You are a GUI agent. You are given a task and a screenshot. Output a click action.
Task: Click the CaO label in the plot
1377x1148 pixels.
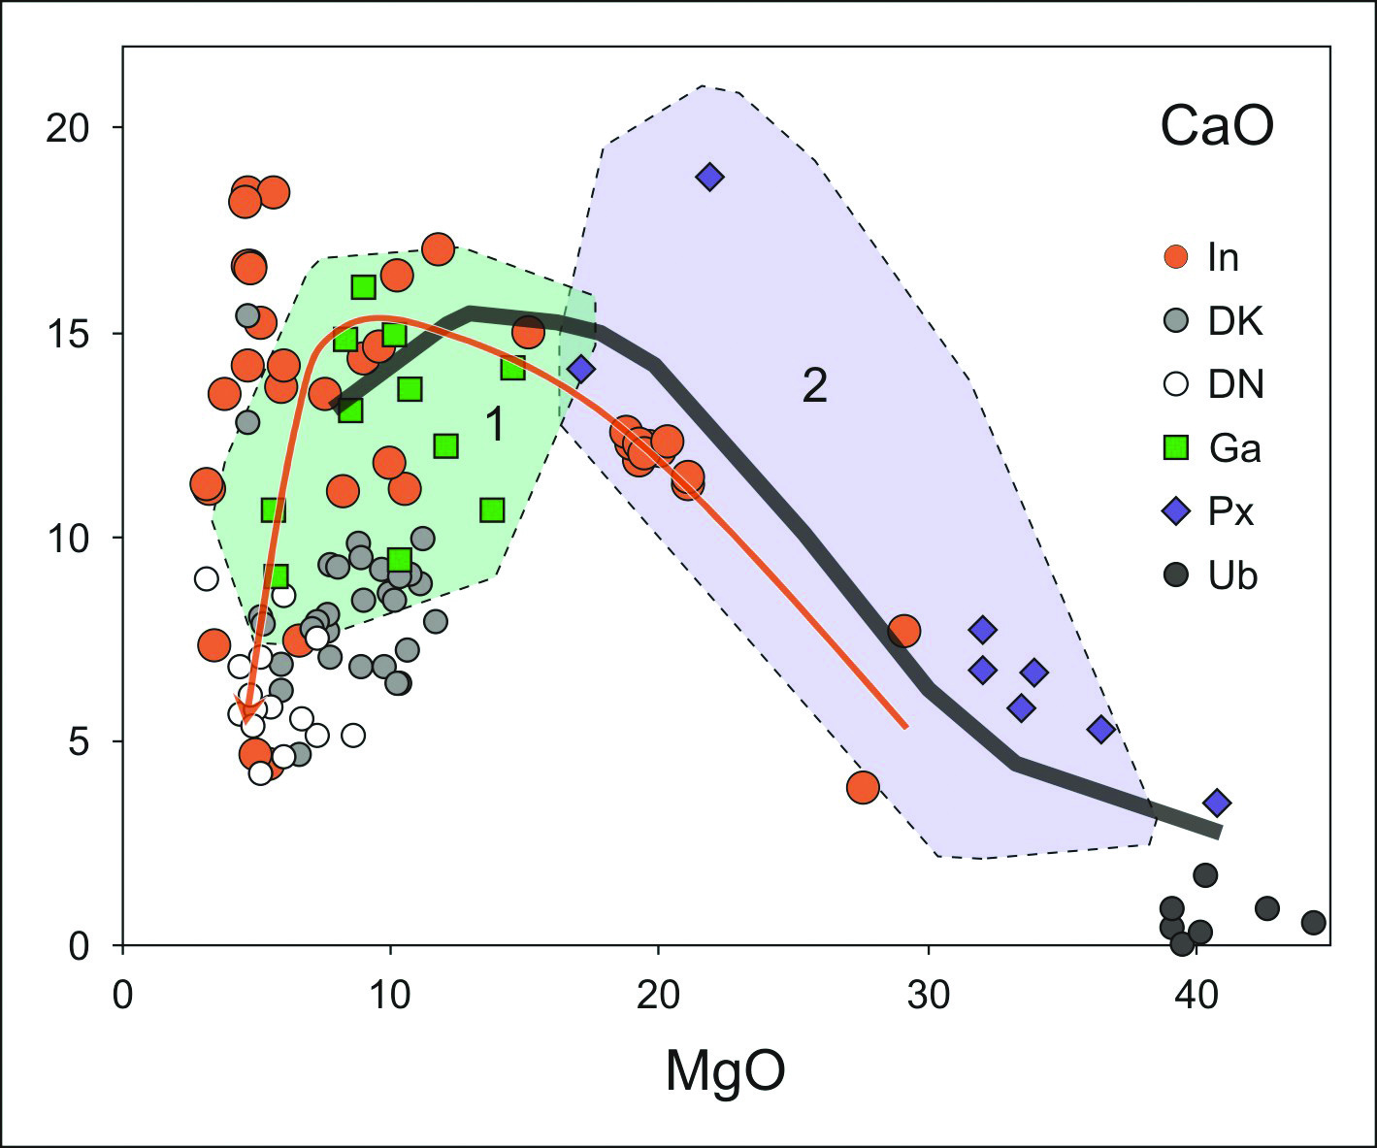click(x=1217, y=127)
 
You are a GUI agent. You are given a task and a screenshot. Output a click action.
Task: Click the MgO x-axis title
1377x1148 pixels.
click(x=725, y=1071)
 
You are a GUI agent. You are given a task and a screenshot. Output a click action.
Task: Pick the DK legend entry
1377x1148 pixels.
click(x=1213, y=321)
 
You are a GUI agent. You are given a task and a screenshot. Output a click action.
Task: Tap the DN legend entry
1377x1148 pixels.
click(x=1214, y=385)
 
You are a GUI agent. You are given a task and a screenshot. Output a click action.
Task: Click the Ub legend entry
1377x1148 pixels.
click(x=1212, y=575)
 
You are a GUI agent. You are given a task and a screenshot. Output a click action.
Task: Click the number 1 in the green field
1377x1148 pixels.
click(x=494, y=425)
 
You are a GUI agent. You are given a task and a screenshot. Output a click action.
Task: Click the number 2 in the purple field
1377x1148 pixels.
click(x=814, y=386)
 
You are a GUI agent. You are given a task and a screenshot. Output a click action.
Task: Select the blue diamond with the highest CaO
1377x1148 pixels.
click(x=709, y=177)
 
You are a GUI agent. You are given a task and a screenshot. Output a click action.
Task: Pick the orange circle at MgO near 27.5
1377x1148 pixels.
click(x=863, y=787)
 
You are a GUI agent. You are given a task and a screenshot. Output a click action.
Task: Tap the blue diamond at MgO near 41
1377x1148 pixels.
click(x=1217, y=803)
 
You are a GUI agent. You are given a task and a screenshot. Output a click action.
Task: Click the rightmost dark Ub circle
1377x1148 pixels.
click(x=1313, y=922)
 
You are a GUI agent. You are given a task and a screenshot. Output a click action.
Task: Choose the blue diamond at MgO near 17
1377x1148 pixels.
click(x=580, y=369)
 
